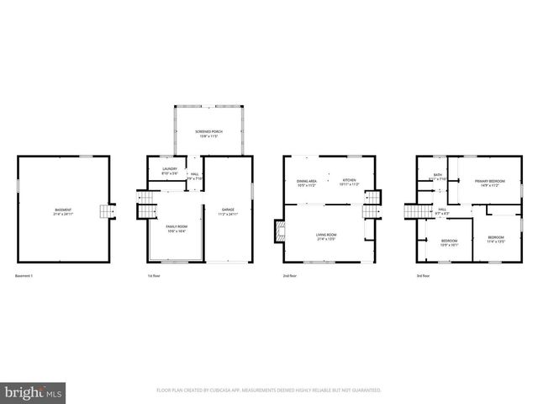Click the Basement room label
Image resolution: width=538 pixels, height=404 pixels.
[63, 211]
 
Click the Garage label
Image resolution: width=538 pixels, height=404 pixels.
[227, 211]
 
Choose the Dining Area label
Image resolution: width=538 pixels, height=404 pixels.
[306, 182]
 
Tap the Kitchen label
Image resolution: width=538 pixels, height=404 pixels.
[349, 182]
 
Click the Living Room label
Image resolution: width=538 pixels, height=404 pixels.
[326, 237]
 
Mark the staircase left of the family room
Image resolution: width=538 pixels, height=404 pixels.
[145, 202]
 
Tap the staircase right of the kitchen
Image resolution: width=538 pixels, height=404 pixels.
[371, 202]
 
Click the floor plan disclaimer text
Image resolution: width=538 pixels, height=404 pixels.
[269, 391]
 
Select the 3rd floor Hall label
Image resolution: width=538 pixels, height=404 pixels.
[442, 213]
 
